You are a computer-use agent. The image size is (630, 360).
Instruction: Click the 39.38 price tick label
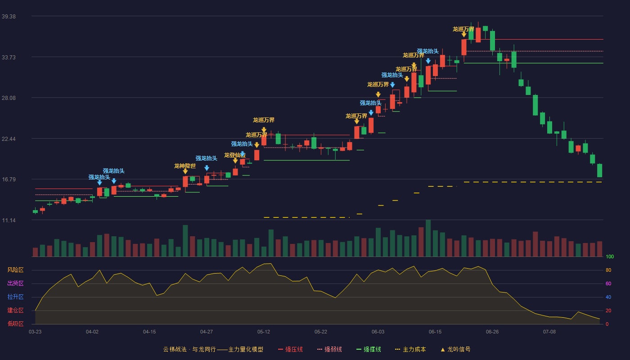9,17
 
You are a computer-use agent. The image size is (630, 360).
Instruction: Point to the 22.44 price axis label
9,139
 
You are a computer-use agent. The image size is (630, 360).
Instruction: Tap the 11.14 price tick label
9,220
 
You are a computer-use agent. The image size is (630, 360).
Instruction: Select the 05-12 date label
264,332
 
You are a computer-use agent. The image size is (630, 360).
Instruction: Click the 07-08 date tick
549,332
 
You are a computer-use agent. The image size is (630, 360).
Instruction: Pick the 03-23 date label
35,332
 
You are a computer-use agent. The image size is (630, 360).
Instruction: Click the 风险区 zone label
15,270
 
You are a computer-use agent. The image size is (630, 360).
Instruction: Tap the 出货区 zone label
15,283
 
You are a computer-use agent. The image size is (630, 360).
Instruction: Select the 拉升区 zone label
15,297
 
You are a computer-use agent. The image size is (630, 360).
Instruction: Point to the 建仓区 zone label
15,310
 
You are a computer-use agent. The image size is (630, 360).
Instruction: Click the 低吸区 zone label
15,324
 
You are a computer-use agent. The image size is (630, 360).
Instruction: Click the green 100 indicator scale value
610,256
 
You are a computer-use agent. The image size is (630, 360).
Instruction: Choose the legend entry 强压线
290,349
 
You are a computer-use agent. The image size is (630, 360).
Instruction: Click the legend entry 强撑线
369,349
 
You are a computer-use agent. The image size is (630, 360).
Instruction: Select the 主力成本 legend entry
410,349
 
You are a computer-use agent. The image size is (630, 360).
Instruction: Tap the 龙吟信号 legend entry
455,349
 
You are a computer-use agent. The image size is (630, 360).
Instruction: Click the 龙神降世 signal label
185,166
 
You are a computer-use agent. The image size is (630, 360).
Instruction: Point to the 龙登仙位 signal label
235,155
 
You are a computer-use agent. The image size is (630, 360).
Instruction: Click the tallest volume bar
428,238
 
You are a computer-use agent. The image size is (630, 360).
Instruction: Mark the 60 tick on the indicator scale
608,283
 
